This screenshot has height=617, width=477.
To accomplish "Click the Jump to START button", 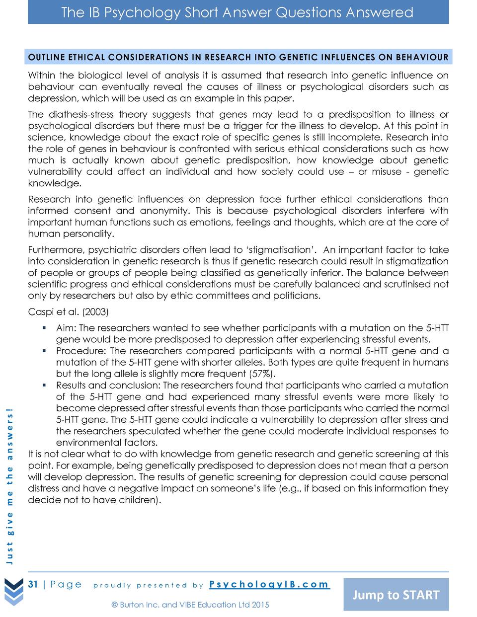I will pyautogui.click(x=396, y=595).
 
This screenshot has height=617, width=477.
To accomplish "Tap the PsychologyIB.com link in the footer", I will pyautogui.click(x=269, y=584).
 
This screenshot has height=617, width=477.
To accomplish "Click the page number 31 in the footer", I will pyautogui.click(x=33, y=584).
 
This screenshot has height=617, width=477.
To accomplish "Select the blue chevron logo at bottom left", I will pyautogui.click(x=14, y=592).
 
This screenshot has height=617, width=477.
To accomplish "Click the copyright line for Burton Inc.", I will pyautogui.click(x=190, y=605).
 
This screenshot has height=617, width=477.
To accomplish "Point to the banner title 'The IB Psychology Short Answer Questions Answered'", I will pyautogui.click(x=237, y=12).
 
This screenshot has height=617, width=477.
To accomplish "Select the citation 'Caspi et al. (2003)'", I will pyautogui.click(x=68, y=312).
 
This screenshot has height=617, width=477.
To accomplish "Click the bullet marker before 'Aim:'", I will pyautogui.click(x=44, y=328).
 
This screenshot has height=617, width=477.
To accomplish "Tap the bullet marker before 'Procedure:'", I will pyautogui.click(x=44, y=351).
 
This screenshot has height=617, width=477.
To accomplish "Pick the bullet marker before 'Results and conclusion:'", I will pyautogui.click(x=44, y=385).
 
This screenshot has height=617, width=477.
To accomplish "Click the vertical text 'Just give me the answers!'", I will pyautogui.click(x=10, y=485).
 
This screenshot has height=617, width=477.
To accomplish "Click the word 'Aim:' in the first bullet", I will pyautogui.click(x=66, y=328).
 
